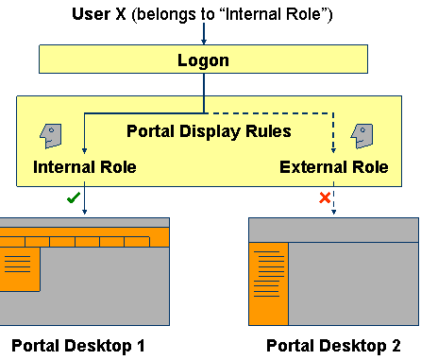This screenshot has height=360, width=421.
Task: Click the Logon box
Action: coord(204,60)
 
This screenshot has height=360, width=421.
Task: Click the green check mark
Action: coord(71,198)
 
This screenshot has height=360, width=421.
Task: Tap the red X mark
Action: coord(324,198)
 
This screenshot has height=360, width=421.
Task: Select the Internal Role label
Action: coord(85,168)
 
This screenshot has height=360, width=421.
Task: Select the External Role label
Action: coord(334,168)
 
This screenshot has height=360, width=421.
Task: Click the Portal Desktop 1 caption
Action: coord(78,346)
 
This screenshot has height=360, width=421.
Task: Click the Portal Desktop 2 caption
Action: coord(333,346)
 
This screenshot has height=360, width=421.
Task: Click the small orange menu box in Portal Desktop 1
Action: coord(19,268)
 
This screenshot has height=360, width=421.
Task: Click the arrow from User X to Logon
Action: coord(204,35)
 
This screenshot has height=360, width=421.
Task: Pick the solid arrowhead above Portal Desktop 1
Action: coord(85,213)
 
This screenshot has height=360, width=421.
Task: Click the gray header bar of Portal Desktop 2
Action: coord(333,230)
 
